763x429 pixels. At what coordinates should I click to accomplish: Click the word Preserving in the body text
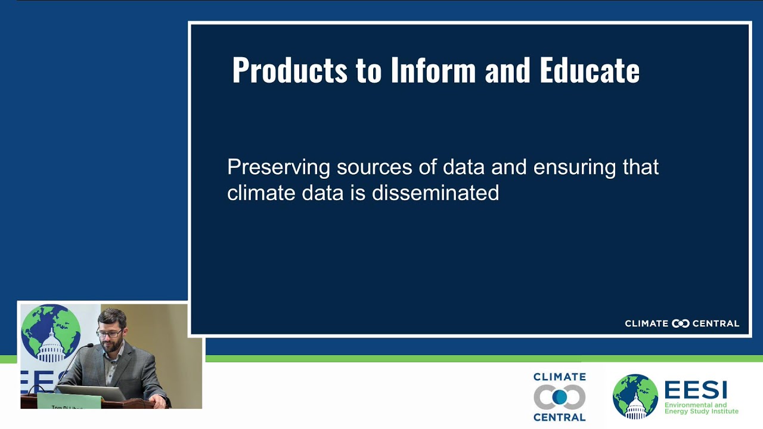pyautogui.click(x=278, y=167)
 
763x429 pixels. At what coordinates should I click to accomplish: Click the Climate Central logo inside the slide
pyautogui.click(x=681, y=324)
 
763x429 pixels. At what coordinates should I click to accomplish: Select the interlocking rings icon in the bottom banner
pyautogui.click(x=559, y=397)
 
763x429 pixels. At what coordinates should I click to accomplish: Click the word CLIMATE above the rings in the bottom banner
pyautogui.click(x=559, y=377)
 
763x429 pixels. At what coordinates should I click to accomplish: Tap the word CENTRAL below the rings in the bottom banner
pyautogui.click(x=559, y=417)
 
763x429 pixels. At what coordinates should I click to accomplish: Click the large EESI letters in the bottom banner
pyautogui.click(x=695, y=390)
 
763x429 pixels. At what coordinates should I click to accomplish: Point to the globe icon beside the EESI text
pyautogui.click(x=635, y=396)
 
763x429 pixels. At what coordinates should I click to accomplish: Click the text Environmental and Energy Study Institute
pyautogui.click(x=701, y=408)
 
